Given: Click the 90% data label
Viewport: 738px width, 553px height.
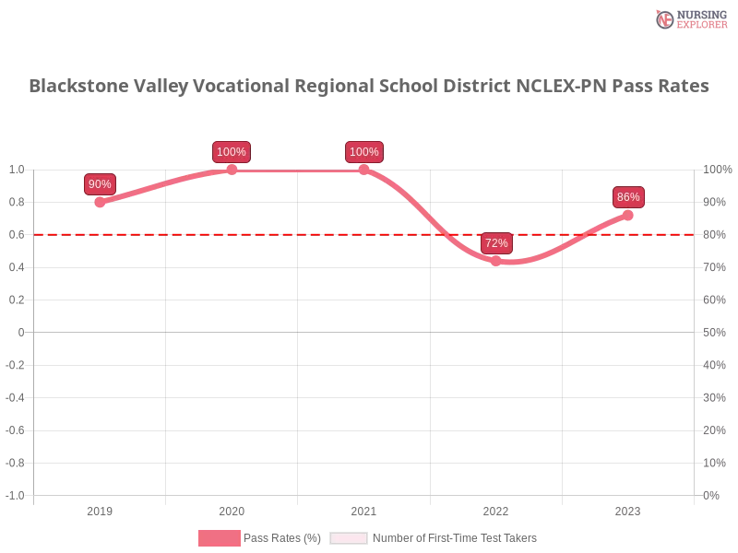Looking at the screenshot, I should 100,184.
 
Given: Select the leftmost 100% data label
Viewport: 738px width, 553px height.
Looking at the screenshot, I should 231,152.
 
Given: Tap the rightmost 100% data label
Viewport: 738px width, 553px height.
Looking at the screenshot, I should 363,152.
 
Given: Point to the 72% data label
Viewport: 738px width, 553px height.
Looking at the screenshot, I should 496,243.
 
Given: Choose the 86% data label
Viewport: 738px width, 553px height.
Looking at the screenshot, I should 628,197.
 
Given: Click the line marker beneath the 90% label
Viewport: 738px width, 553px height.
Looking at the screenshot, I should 101,202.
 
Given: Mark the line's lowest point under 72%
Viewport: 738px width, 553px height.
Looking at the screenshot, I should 496,262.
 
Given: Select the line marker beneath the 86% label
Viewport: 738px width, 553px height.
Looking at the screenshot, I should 628,215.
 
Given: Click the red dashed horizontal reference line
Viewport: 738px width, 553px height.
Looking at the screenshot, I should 277,234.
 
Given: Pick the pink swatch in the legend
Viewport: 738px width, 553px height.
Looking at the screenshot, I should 219,538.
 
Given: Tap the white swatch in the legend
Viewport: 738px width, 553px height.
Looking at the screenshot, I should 349,538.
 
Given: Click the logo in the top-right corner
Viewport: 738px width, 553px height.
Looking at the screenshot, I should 689,18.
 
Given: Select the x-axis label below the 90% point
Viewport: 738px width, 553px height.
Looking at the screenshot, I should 100,509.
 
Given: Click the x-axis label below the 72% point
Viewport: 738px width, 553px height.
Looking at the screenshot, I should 495,509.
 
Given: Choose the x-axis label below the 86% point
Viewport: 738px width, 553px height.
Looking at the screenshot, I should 627,509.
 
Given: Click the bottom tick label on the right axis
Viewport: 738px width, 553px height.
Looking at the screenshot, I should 711,494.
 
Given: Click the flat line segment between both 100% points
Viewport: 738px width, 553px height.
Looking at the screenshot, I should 297,171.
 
